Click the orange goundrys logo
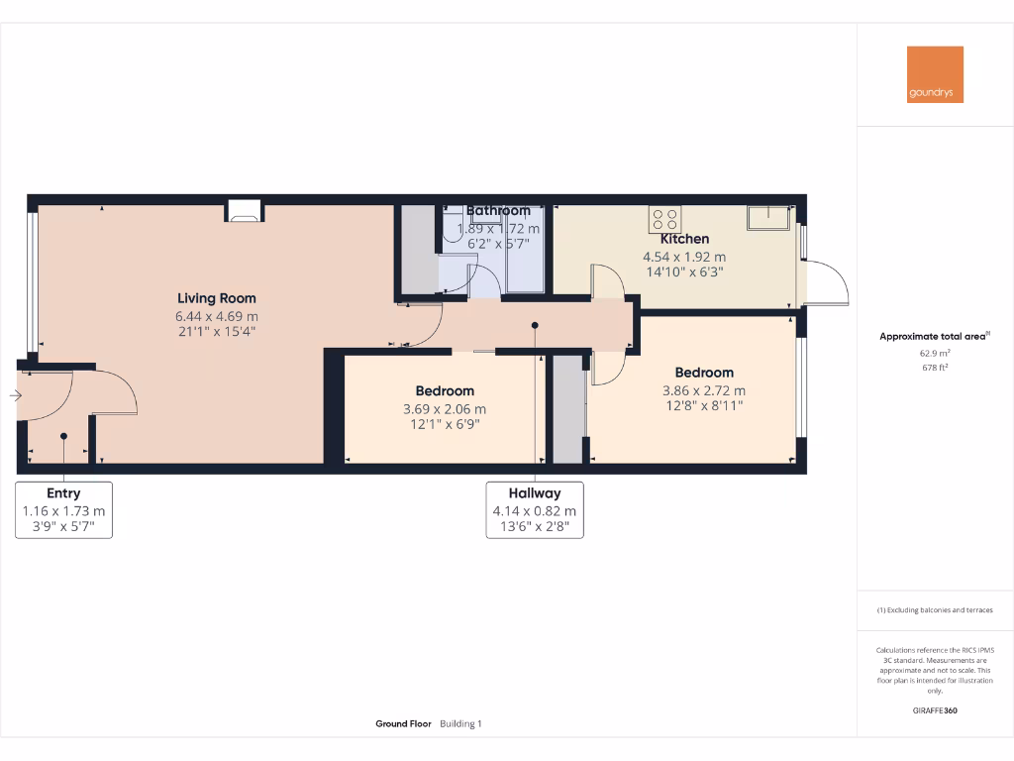pos(935,74)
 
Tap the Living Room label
pos(217,298)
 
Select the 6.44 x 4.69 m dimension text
pos(217,316)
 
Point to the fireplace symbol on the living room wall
pos(244,209)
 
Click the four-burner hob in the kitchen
pos(663,218)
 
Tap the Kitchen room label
pos(684,239)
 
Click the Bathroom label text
pos(498,211)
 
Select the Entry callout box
pos(63,509)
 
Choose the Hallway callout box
pos(535,509)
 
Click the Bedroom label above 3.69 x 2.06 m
pos(445,391)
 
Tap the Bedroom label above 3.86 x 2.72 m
pos(704,373)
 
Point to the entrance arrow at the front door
pos(14,396)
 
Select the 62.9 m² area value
pos(935,352)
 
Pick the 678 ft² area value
pos(935,367)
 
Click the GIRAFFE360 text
pos(935,710)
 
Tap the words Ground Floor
pos(403,724)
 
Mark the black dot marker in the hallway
pos(535,325)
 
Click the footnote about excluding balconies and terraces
pos(935,610)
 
